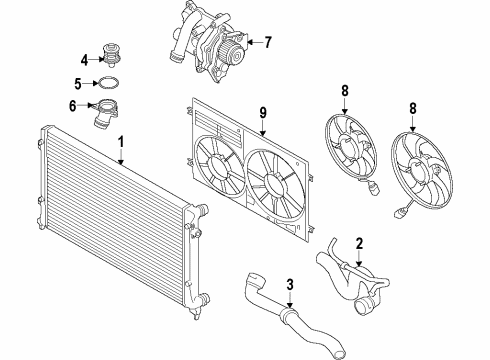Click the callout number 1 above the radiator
tap(121, 142)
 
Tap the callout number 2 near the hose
tap(359, 244)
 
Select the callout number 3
tap(290, 285)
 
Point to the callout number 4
tap(84, 60)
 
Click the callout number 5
tap(78, 84)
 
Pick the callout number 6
tap(73, 106)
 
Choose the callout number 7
tap(268, 42)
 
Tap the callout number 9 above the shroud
tap(263, 113)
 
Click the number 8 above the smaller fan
tap(345, 90)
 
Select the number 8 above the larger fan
tap(413, 108)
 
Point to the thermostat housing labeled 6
tap(104, 113)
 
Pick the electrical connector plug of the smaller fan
tap(375, 189)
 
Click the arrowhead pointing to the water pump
tap(250, 42)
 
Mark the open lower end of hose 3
tap(340, 352)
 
